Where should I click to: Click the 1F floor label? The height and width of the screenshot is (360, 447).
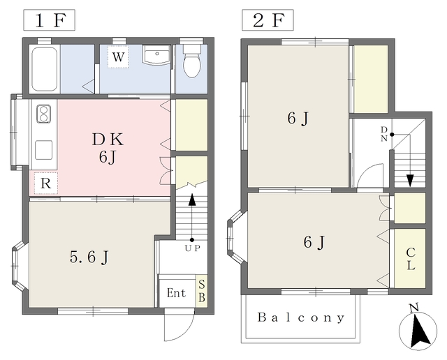point(49,20)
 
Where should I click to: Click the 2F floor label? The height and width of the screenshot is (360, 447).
point(268,20)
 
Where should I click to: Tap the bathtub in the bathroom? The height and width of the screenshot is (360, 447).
point(45,69)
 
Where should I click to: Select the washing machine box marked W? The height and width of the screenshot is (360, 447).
point(118,57)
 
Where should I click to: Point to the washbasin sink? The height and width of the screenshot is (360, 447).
point(156,54)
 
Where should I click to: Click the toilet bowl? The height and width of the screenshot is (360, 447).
point(192,61)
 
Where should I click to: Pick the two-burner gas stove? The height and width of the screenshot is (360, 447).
point(43,114)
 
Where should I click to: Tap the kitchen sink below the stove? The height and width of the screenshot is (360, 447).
point(43,150)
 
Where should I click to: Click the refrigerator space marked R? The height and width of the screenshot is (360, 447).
point(46,183)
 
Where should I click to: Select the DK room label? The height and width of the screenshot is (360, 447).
point(108,140)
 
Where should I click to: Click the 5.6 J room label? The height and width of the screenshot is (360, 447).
point(89,257)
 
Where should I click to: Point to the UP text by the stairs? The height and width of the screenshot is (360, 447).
point(192,248)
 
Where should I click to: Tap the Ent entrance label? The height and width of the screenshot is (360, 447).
point(176,293)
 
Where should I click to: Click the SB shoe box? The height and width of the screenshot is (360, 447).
point(202,291)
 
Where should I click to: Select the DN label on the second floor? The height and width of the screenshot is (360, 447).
point(384,134)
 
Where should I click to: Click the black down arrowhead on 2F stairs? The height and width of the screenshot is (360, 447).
point(410,181)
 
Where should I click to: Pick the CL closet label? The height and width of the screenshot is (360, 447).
point(411,259)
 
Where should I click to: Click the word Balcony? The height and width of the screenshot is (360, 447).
point(301,317)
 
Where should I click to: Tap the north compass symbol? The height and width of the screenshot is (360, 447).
point(418,330)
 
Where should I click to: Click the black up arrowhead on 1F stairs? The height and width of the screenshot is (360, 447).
point(193,200)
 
